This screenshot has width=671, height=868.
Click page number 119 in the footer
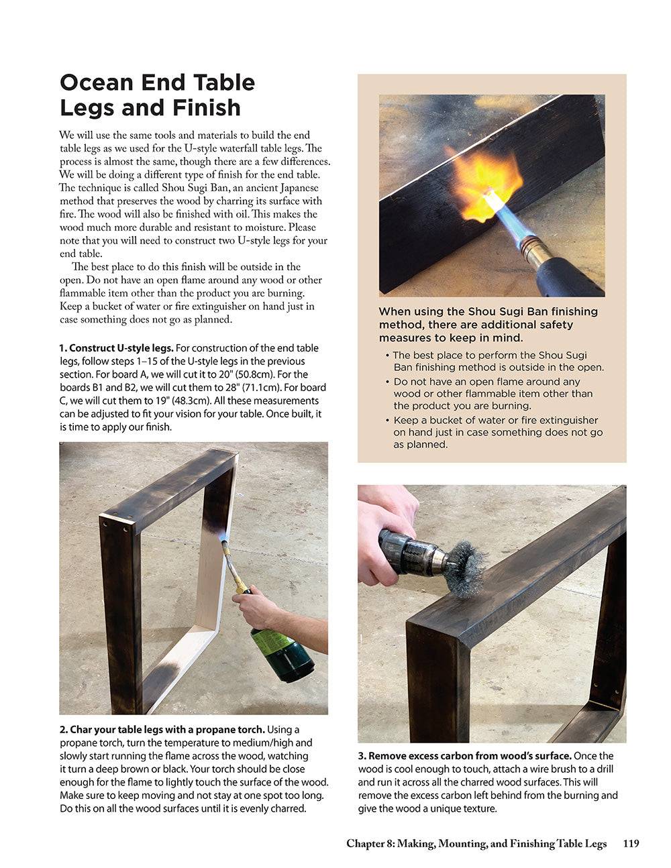click(x=631, y=844)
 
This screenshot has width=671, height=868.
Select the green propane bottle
click(x=281, y=651)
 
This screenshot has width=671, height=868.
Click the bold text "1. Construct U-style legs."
click(x=117, y=348)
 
